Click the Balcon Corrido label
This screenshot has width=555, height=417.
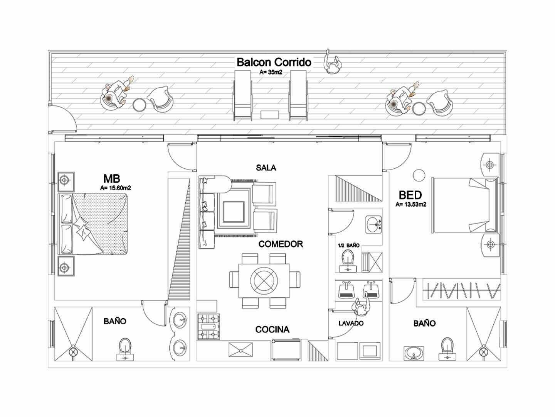click(274, 62)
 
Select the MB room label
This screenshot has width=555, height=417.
click(111, 178)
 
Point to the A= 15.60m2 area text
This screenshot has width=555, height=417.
click(116, 188)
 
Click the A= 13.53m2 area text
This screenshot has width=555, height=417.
click(411, 205)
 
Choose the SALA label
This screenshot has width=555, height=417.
click(266, 168)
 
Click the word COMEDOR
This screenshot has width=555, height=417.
click(281, 244)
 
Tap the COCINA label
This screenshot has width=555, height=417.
click(272, 329)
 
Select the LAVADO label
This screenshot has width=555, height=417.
click(351, 323)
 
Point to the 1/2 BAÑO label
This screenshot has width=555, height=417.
click(348, 245)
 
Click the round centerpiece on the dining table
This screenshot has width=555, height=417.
click(264, 278)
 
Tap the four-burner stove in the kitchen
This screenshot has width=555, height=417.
click(209, 327)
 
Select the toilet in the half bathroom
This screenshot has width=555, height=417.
click(348, 261)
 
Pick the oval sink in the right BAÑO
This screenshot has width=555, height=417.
click(414, 353)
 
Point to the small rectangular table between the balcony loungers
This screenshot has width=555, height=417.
click(270, 115)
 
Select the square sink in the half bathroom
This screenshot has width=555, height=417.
click(373, 224)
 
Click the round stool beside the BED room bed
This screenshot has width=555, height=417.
click(418, 175)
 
